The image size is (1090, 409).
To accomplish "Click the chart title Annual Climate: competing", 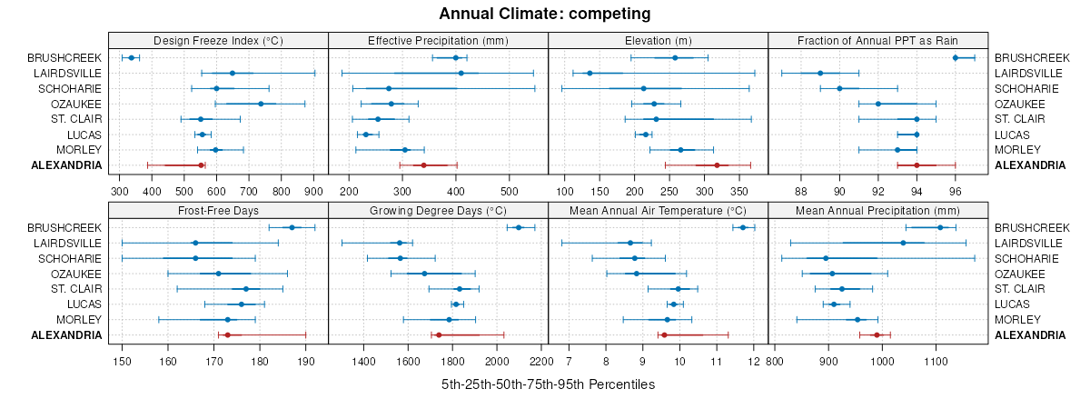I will [544, 14].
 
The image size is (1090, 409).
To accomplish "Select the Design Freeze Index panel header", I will [218, 40].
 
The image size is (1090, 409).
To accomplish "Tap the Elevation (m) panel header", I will [658, 40].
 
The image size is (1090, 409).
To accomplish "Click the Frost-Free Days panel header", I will [218, 210].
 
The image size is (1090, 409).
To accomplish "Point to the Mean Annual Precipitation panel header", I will [877, 210].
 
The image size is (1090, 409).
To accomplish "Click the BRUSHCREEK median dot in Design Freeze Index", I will [131, 58].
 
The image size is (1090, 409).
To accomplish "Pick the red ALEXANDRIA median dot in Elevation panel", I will [717, 165].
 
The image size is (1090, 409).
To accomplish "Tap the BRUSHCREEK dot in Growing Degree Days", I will [519, 227].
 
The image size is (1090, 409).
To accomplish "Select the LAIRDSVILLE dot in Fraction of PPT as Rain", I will [820, 73].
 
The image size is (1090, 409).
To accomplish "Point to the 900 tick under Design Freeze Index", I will [313, 192].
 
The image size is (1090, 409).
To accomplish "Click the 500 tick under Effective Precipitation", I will [510, 192].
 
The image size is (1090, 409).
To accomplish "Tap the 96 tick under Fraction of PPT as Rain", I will [956, 192].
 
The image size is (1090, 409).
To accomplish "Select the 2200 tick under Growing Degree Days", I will [541, 362].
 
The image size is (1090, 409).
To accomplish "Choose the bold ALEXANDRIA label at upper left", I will [66, 165].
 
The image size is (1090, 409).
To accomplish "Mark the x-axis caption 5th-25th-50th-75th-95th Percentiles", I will [548, 384].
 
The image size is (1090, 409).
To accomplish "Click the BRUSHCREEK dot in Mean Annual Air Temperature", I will [743, 227].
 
